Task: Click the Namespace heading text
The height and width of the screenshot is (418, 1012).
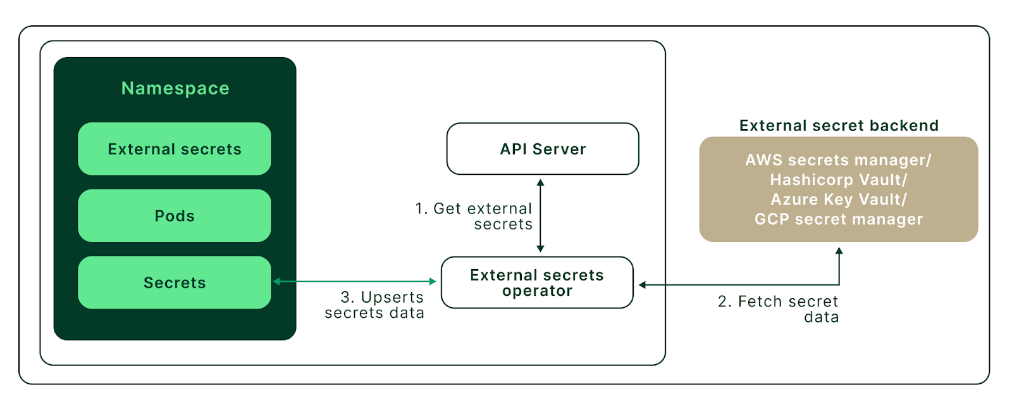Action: [175, 88]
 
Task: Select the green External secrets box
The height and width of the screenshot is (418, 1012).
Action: [175, 149]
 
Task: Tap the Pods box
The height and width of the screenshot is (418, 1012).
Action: [175, 216]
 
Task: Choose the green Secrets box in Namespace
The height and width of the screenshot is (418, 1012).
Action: [175, 282]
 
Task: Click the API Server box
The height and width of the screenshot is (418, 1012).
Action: [543, 149]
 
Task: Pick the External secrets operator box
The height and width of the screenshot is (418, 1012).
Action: [537, 282]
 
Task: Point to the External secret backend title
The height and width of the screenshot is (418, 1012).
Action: [839, 125]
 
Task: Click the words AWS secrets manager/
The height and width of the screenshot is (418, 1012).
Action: [838, 160]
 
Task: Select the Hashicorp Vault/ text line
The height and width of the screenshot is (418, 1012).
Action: [838, 180]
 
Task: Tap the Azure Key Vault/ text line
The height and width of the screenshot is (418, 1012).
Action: [838, 199]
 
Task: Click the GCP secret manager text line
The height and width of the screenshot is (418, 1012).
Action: [838, 219]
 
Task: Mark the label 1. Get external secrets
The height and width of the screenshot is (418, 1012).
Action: [474, 216]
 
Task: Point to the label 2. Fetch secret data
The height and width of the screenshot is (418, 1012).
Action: [779, 308]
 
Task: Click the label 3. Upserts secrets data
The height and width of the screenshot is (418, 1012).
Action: [375, 305]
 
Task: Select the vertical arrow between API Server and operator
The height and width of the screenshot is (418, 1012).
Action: [540, 215]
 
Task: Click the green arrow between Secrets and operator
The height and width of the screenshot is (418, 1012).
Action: [354, 281]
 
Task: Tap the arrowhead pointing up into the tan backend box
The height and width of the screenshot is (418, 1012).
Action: [839, 251]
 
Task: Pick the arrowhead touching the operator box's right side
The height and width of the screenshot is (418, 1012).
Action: [642, 285]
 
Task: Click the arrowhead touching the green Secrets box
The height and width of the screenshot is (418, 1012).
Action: [277, 281]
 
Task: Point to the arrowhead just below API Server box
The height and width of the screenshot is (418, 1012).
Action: [540, 182]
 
